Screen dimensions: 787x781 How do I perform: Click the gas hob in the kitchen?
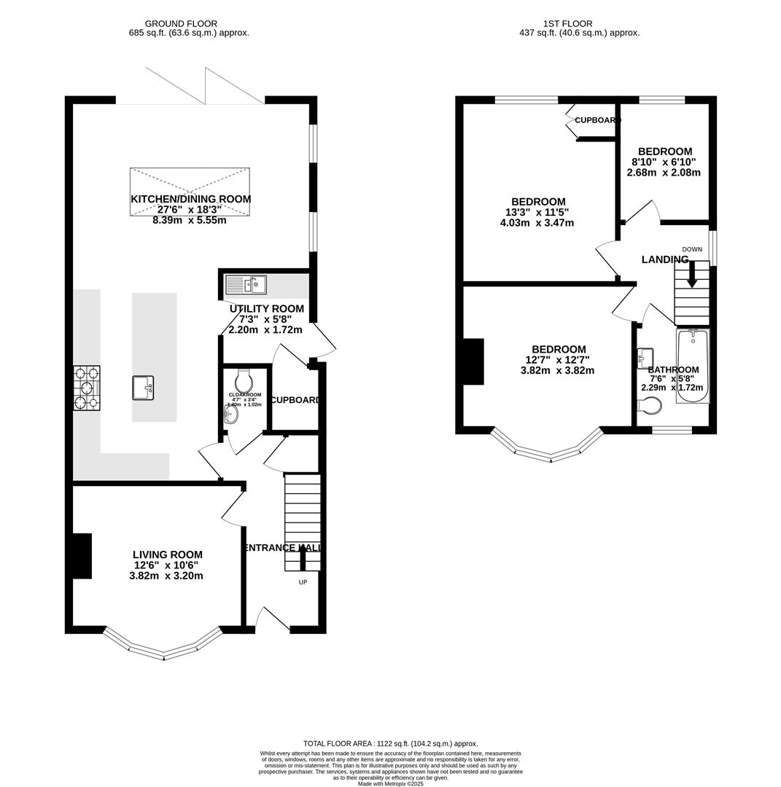click(x=87, y=388)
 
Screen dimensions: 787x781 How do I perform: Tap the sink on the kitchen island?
click(x=143, y=388)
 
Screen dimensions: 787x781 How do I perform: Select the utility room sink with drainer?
click(x=246, y=285)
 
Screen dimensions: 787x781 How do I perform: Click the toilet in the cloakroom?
click(x=244, y=380)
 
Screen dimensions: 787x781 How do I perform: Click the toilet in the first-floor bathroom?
click(x=652, y=405)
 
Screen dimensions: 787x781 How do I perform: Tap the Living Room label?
click(x=167, y=555)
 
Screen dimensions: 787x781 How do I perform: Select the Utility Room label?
click(x=266, y=309)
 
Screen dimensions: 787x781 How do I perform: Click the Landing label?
click(x=664, y=259)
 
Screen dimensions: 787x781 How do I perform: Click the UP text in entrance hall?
click(x=303, y=582)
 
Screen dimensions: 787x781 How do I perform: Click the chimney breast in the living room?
click(x=82, y=556)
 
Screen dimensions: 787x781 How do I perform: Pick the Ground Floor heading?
click(x=181, y=24)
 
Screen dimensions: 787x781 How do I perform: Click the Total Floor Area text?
click(x=390, y=744)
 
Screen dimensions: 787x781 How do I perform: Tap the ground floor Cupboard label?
click(x=295, y=400)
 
